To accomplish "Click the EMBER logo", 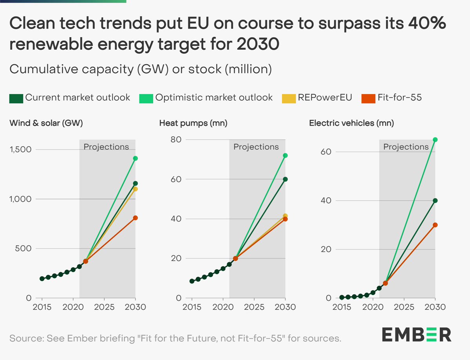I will coord(416,335).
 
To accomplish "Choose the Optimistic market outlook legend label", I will coord(214,98).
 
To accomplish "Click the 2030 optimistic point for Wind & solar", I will coord(136,158).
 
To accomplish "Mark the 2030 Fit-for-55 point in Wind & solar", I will coord(136,218).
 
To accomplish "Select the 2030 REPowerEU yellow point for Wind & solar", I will coord(136,189).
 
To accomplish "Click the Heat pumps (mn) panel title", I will coord(193,123).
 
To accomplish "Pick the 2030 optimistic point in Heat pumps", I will coord(285,156).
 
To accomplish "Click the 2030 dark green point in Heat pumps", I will coord(285,179).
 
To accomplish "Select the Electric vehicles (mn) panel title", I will coord(351,123).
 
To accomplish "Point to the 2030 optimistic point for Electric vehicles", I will coord(435,139).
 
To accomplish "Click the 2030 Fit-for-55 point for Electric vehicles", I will coord(435,225).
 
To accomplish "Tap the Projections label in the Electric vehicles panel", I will coord(406,147).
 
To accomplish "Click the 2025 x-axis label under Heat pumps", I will coord(254,307).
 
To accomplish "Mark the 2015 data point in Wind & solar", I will coord(42,279).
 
